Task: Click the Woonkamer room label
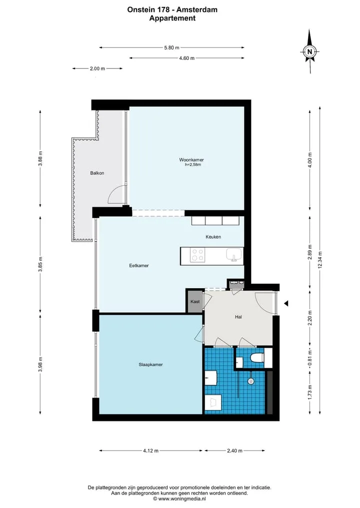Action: [191, 160]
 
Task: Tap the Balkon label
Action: [97, 173]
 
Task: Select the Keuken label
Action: [213, 237]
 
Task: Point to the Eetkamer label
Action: [139, 265]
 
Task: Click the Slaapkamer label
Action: [150, 365]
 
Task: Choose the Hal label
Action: [238, 317]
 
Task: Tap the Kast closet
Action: [195, 301]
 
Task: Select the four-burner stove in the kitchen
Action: [197, 255]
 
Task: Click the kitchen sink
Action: [234, 255]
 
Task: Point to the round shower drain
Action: [250, 381]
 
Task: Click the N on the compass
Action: [309, 51]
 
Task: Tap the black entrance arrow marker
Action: [286, 304]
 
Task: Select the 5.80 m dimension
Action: [171, 47]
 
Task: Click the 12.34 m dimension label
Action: [320, 260]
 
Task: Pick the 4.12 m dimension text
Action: [151, 451]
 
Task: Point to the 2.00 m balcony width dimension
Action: [97, 68]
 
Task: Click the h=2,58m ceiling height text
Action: [192, 164]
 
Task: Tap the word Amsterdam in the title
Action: [197, 9]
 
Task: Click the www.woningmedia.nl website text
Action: [182, 499]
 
